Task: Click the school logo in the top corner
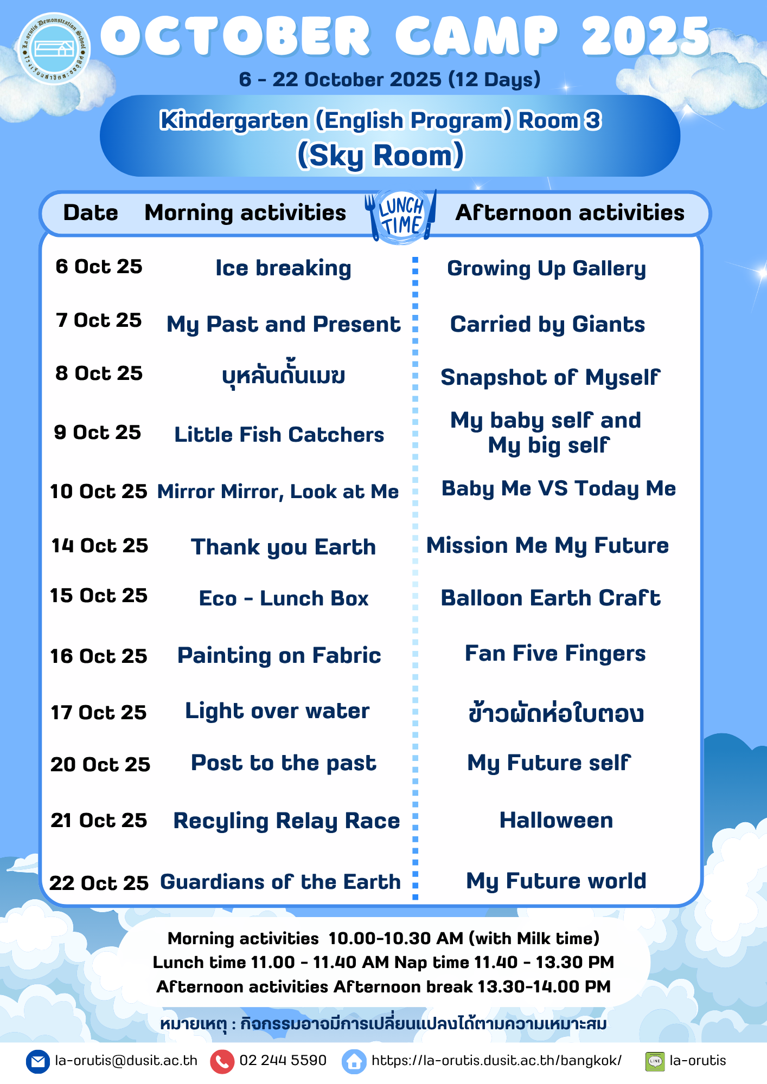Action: [x=54, y=49]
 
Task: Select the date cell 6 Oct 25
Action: [x=99, y=266]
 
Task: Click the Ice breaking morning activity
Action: [x=283, y=268]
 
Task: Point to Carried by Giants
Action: [x=547, y=325]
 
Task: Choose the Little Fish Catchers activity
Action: [x=279, y=434]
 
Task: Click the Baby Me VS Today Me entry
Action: [x=559, y=489]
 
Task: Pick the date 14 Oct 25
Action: [x=100, y=545]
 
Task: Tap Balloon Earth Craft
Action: [x=551, y=598]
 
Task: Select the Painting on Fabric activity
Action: [x=279, y=655]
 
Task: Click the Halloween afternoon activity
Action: [x=556, y=820]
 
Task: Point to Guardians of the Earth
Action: [x=280, y=882]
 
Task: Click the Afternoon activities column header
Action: [x=570, y=212]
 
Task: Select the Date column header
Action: [x=91, y=212]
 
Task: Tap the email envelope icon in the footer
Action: [x=37, y=1062]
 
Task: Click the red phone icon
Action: [x=222, y=1062]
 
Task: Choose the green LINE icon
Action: [x=655, y=1061]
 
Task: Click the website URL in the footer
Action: [x=496, y=1061]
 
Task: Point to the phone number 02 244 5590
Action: [x=283, y=1060]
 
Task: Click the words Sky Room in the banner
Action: [x=381, y=156]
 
